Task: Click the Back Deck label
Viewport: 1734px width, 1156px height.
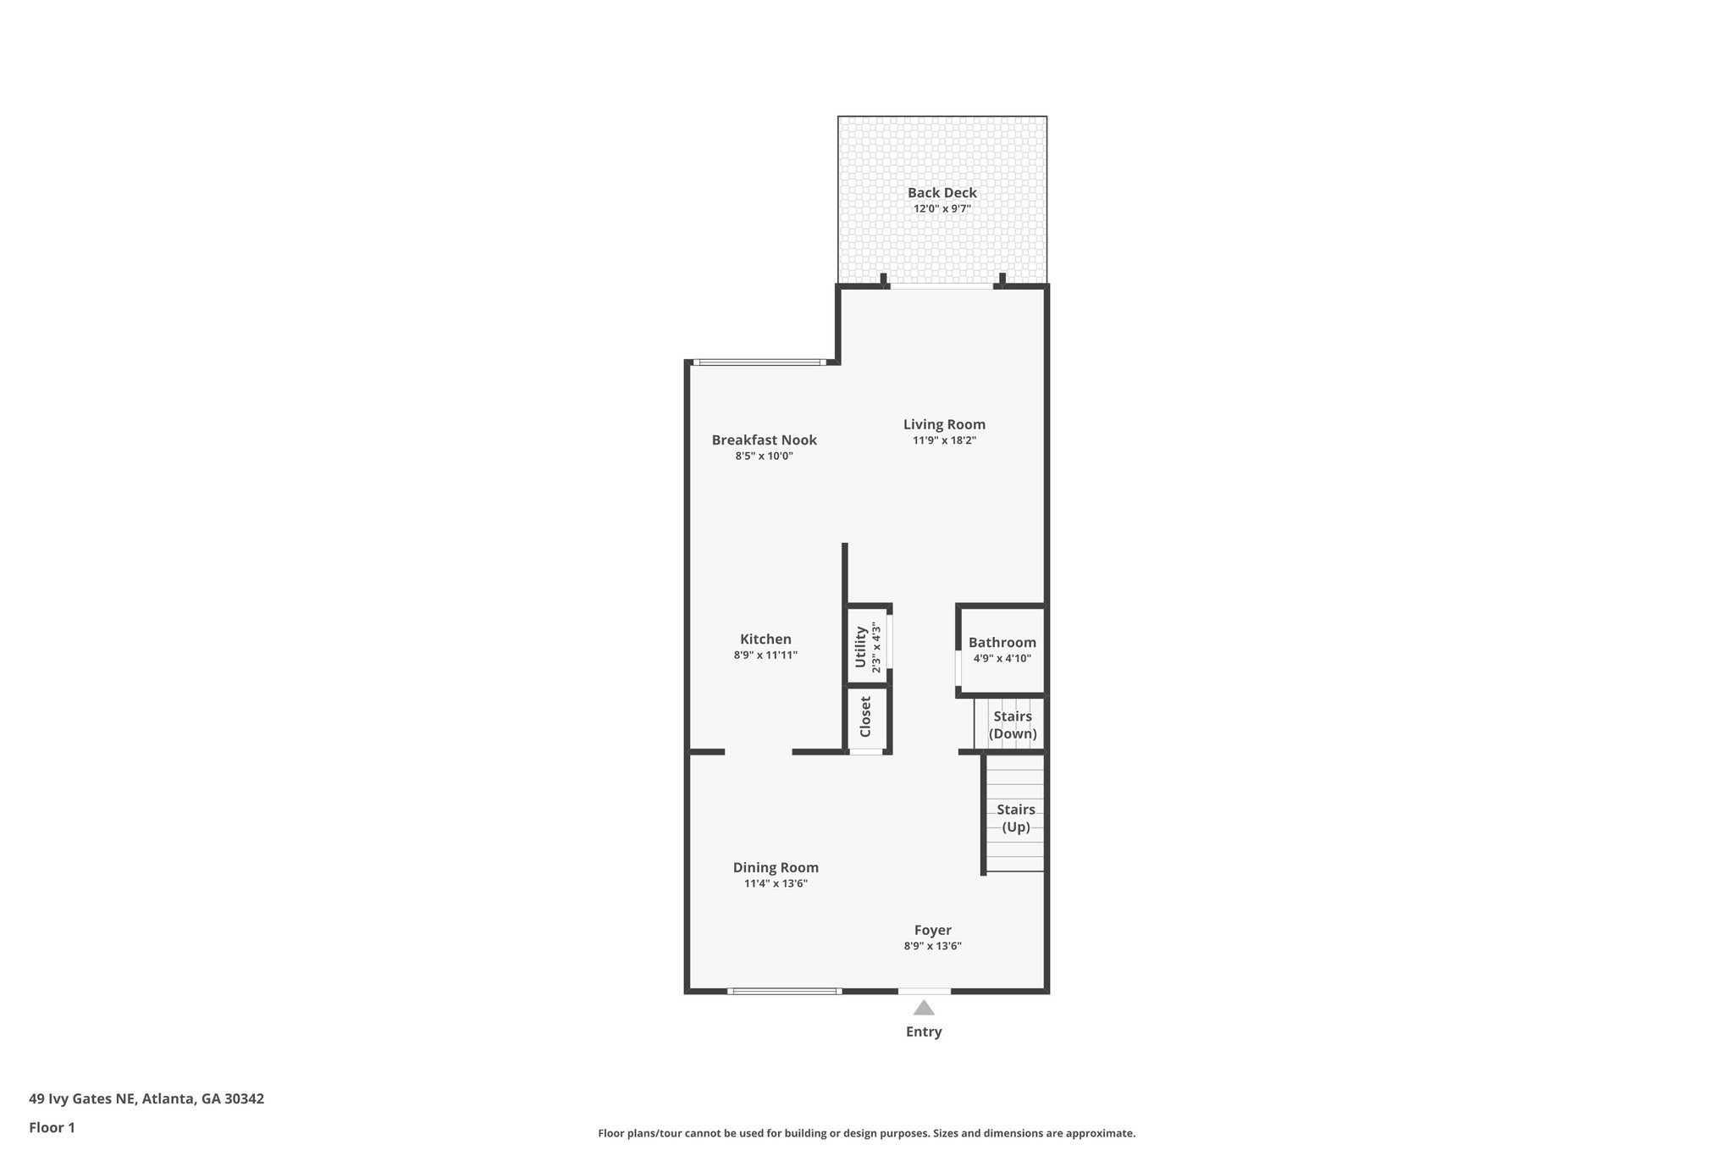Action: click(942, 193)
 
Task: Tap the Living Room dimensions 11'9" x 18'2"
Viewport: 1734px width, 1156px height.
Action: click(944, 440)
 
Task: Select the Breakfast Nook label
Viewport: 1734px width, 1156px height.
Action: click(764, 440)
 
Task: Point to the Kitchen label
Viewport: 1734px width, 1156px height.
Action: click(765, 639)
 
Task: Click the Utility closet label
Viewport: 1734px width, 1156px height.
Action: click(861, 647)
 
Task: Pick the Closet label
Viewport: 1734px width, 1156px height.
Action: click(865, 717)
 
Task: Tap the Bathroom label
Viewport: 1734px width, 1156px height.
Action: click(1002, 643)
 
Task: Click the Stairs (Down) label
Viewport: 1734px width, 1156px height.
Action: click(1013, 725)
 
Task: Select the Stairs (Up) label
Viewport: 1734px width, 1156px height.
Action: click(1015, 818)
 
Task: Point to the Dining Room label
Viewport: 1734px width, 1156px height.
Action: click(776, 867)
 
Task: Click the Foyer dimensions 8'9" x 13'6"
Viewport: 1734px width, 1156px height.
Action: click(932, 947)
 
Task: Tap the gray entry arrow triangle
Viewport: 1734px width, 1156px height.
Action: click(924, 1008)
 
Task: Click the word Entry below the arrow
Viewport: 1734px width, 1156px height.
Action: click(924, 1032)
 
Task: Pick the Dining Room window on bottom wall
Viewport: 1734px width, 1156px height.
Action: click(784, 991)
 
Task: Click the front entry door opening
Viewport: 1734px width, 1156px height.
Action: click(924, 991)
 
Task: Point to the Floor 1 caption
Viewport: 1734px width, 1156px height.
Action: click(52, 1127)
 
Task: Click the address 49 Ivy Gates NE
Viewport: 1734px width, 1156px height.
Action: click(82, 1098)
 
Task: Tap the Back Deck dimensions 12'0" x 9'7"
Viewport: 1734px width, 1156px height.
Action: click(942, 208)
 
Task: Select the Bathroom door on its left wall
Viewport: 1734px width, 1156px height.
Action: click(958, 667)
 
